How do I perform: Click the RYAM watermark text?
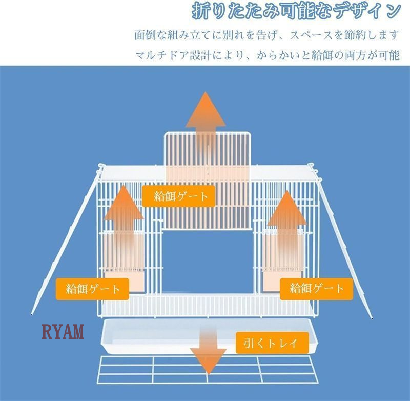click(63, 331)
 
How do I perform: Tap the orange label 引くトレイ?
click(272, 343)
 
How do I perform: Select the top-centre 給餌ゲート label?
click(178, 196)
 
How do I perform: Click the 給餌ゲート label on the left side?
click(92, 289)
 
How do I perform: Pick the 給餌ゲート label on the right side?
click(316, 289)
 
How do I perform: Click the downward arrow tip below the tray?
click(209, 373)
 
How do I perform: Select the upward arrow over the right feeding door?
click(287, 230)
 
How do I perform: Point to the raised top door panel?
click(208, 181)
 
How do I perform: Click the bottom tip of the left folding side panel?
click(32, 315)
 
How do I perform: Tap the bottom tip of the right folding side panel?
click(372, 318)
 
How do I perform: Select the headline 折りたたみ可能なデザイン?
click(296, 11)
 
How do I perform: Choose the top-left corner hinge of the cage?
click(100, 167)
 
